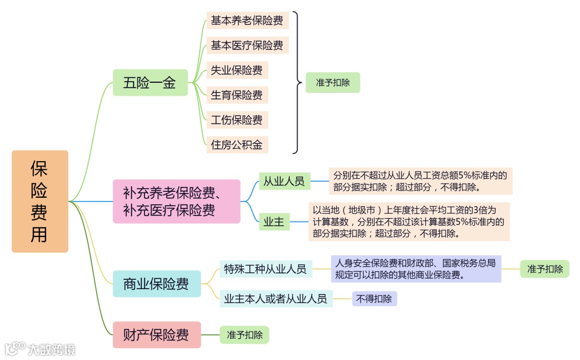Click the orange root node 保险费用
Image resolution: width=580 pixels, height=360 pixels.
coord(40,201)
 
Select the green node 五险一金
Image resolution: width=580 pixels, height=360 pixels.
coord(150,83)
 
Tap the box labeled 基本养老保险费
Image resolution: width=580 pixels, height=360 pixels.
coord(247,20)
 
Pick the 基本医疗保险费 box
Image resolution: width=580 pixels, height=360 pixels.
coord(247,45)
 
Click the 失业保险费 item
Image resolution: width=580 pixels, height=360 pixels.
coord(237,70)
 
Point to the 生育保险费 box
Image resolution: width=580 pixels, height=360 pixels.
coord(237,95)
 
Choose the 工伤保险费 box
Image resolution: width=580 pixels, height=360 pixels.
coord(237,119)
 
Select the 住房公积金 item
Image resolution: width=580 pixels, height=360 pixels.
coord(237,144)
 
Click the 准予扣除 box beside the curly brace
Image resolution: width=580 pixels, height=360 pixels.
coord(332,83)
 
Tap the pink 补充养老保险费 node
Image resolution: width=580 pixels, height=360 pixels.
coord(176,201)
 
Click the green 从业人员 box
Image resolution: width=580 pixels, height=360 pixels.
coord(284,181)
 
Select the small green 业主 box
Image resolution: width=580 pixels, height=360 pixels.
coord(274,221)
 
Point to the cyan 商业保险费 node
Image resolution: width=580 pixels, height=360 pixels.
coord(156,284)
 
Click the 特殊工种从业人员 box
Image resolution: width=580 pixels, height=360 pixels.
coord(265,268)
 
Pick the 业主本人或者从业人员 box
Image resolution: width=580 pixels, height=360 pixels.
coord(276,298)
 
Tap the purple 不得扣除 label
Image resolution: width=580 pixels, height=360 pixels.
coord(374,298)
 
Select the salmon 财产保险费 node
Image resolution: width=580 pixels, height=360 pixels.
coord(156,335)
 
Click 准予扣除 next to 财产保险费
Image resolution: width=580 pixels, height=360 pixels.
coord(244,335)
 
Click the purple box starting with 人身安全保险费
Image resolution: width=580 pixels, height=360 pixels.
coord(416,269)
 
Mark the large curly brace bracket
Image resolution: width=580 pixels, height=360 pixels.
coord(296,83)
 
